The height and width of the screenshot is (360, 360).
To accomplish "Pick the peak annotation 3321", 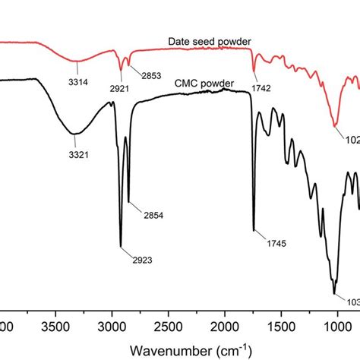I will coord(74,153).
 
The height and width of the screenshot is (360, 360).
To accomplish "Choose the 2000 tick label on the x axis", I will coord(224,327).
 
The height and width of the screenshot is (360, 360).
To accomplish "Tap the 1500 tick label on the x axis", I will coord(279,327).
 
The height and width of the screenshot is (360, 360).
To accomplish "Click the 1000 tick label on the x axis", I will coord(336,327).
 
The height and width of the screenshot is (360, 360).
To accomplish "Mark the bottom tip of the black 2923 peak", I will coord(121,246).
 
